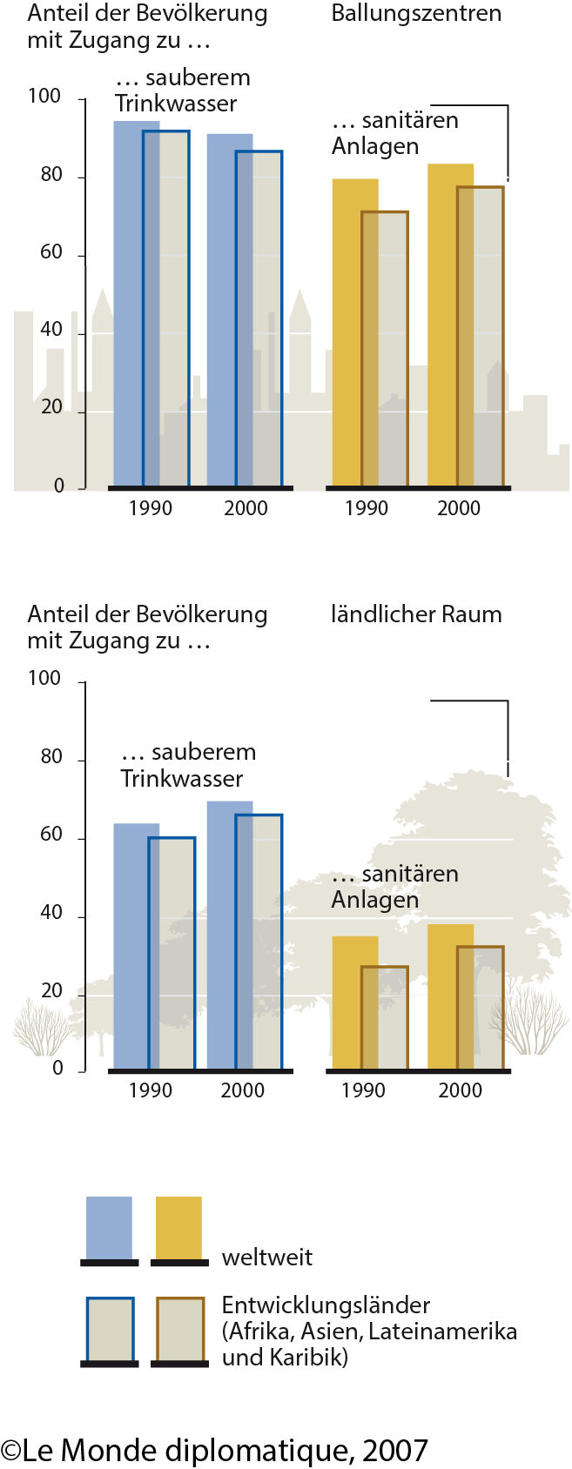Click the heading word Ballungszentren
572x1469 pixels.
(416, 14)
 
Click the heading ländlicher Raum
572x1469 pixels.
(416, 614)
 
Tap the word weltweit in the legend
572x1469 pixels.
(266, 1258)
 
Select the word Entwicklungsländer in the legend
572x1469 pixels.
(326, 1305)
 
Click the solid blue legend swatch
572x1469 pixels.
(109, 1227)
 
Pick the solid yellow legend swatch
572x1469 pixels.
(178, 1227)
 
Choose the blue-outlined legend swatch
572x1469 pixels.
(110, 1329)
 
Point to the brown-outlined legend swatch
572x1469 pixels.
(180, 1329)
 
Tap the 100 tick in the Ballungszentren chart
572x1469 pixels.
(44, 97)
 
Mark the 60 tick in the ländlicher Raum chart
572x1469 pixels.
(51, 835)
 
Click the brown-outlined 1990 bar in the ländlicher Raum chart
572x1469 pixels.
(385, 1017)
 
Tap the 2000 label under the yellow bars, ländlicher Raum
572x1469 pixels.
(460, 1090)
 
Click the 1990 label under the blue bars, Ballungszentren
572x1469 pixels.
(150, 508)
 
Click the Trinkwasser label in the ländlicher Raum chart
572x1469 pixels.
(181, 778)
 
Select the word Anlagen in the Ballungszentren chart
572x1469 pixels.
(375, 146)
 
